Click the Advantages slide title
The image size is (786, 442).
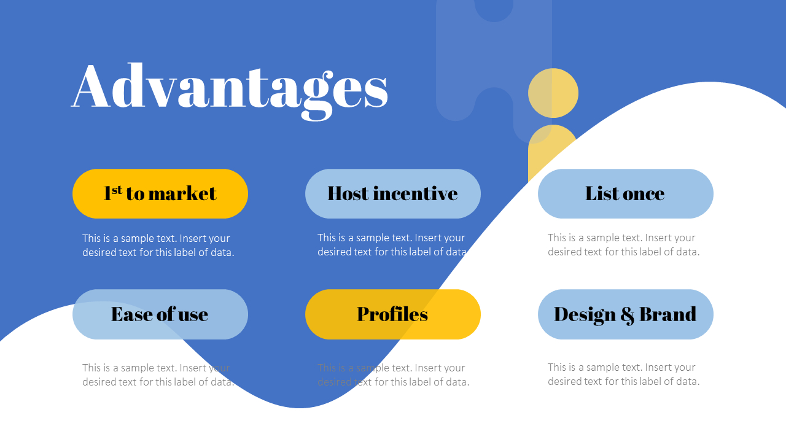tap(230, 87)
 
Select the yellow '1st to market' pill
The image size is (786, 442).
tap(160, 193)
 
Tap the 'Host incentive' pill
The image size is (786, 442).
tap(392, 193)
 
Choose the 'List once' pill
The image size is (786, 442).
tap(625, 193)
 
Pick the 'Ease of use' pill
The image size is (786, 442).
tap(160, 314)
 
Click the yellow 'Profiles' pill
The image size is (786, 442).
tap(392, 314)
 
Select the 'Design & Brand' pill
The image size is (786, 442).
tap(625, 314)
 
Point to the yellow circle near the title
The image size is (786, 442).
tap(553, 93)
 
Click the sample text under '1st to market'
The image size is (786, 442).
tap(158, 246)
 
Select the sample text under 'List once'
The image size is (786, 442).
tap(623, 245)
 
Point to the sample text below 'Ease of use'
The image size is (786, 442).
tap(158, 375)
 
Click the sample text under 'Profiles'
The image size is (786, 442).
tap(393, 375)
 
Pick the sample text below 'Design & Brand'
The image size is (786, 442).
tap(623, 374)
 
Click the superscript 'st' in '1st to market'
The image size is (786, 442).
tap(117, 189)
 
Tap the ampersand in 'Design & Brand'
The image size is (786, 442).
tap(627, 315)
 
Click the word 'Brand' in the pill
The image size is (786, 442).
tap(667, 314)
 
